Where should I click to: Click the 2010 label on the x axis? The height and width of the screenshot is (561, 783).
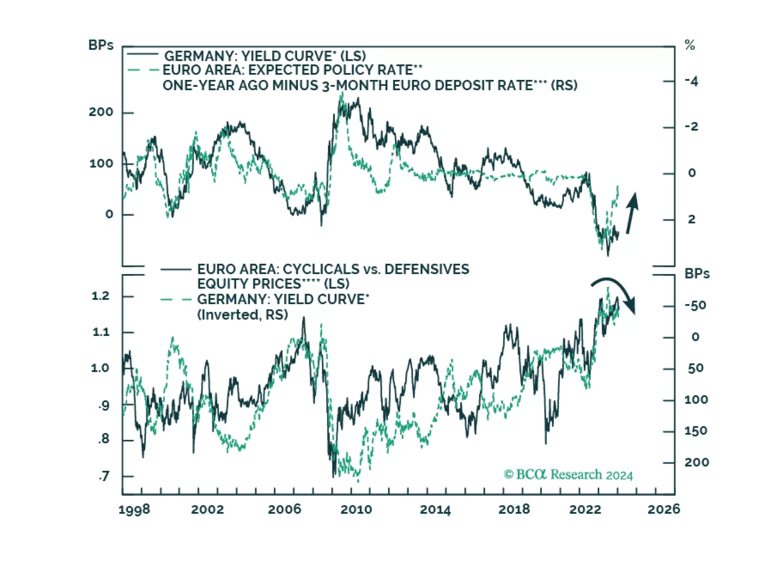point(356,510)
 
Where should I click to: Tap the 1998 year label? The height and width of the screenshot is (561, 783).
point(134,510)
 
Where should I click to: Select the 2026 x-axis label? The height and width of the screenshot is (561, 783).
point(663,510)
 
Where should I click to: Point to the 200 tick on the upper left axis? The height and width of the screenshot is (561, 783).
point(101,112)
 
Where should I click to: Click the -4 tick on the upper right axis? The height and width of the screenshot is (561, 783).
point(691,81)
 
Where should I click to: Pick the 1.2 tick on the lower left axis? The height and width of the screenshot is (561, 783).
point(100,296)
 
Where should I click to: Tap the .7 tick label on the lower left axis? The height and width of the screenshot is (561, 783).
point(103,476)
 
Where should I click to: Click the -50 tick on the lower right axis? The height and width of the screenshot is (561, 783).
point(695,306)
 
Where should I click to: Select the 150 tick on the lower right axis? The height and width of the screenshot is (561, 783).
point(696,431)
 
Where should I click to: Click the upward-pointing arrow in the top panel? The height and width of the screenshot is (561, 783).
point(632,212)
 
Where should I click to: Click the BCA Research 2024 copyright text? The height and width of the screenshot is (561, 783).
point(568,475)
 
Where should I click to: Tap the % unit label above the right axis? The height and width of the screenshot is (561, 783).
point(690,46)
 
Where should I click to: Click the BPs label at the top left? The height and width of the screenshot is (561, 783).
point(101,45)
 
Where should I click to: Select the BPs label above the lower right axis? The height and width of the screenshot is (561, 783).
point(697,274)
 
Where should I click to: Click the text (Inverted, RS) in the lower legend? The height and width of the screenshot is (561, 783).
point(243,315)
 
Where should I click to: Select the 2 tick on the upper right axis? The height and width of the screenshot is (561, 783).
point(691,219)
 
